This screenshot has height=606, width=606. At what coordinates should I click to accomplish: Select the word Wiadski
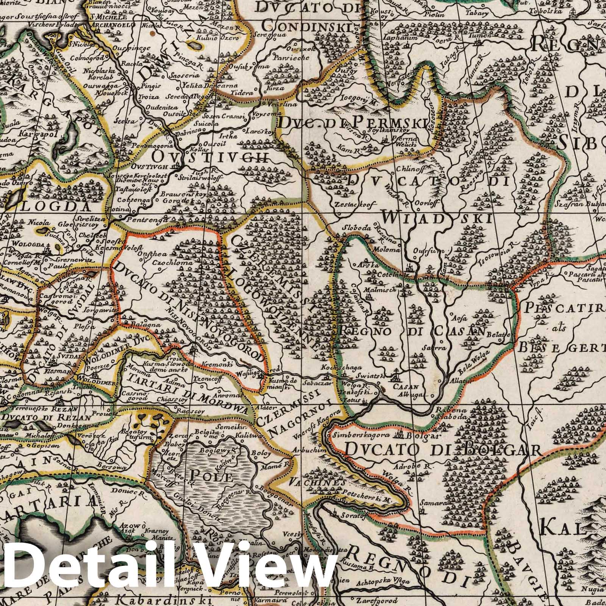click(x=438, y=219)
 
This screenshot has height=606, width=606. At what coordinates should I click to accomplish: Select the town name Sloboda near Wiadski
click(x=355, y=228)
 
